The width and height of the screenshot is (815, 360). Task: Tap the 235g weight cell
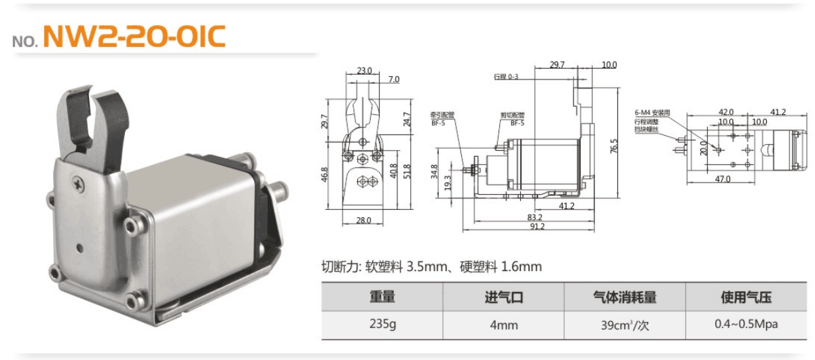pos(382,325)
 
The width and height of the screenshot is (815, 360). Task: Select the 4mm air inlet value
pos(503,325)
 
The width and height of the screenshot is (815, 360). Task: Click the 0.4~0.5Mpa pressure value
pos(746,325)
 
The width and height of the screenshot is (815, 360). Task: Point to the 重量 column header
pos(382,298)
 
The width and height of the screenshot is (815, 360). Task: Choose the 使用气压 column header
pos(746,298)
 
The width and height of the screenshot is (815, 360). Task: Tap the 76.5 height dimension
pos(614,146)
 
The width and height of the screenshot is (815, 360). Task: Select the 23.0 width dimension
pos(364,70)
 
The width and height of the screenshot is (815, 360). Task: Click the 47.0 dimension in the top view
pos(722,179)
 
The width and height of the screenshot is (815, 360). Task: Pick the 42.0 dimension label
pos(726,112)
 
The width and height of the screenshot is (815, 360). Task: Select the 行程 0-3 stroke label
pos(506,77)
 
